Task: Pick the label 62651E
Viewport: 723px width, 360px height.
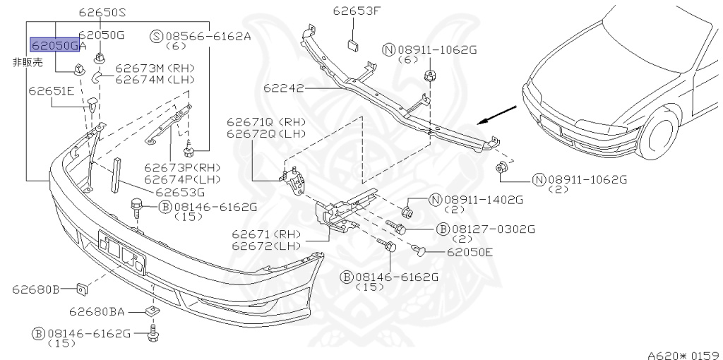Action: tap(52, 91)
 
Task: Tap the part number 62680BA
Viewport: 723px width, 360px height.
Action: tap(97, 311)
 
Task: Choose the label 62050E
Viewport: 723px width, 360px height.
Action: tap(470, 252)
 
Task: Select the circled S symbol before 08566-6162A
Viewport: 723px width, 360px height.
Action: tap(156, 36)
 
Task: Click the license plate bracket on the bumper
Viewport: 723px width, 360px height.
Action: tap(121, 251)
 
